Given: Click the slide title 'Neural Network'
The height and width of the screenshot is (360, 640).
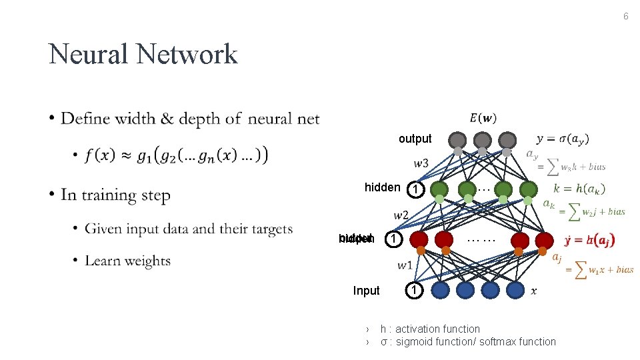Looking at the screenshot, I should (143, 54).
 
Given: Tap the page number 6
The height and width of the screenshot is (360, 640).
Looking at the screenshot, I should (625, 16).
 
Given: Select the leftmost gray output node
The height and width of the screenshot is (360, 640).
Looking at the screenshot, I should (457, 140).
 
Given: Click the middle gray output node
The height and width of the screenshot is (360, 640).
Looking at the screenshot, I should (482, 140).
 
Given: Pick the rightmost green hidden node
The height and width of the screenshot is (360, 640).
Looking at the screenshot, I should (528, 189).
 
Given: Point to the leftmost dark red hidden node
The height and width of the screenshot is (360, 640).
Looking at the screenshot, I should (419, 239).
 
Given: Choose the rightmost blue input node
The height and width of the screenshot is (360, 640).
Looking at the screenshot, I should (515, 289).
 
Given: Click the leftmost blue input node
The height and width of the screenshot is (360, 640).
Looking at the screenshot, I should (441, 289).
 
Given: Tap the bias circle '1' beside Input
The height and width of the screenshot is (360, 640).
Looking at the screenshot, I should (414, 291).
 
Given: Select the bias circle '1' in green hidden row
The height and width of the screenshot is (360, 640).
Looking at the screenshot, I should (415, 189).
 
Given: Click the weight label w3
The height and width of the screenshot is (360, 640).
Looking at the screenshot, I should (421, 163).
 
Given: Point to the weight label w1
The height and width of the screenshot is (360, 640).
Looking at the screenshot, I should (405, 265).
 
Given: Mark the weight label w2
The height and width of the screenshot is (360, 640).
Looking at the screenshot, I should (401, 215).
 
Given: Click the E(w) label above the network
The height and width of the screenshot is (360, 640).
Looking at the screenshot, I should (483, 118).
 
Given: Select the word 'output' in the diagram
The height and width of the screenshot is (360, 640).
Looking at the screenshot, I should (415, 139).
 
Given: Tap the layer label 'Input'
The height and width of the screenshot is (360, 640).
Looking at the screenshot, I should (366, 291).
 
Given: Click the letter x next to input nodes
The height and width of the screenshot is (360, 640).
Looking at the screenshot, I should (533, 291).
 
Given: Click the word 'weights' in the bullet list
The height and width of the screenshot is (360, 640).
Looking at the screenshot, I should (147, 261).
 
